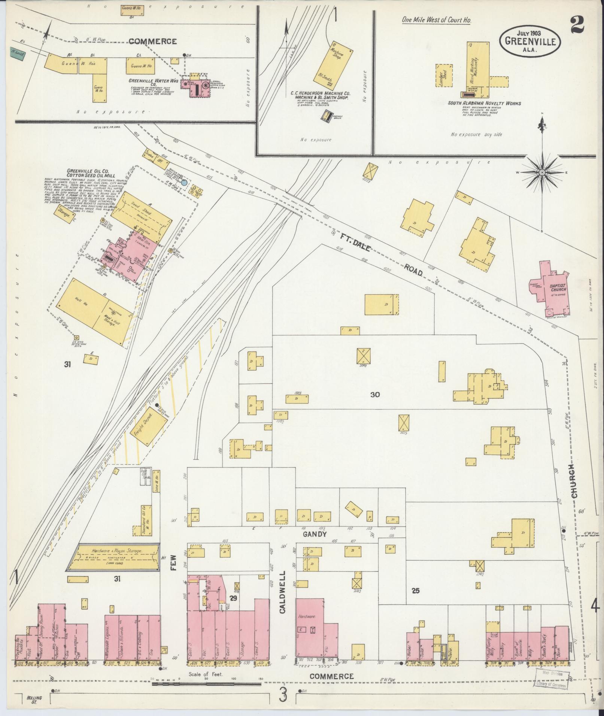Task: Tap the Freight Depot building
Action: point(149,429)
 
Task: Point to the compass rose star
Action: point(541,172)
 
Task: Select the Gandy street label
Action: point(315,534)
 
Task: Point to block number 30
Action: point(375,394)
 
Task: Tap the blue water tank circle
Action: point(184,183)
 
